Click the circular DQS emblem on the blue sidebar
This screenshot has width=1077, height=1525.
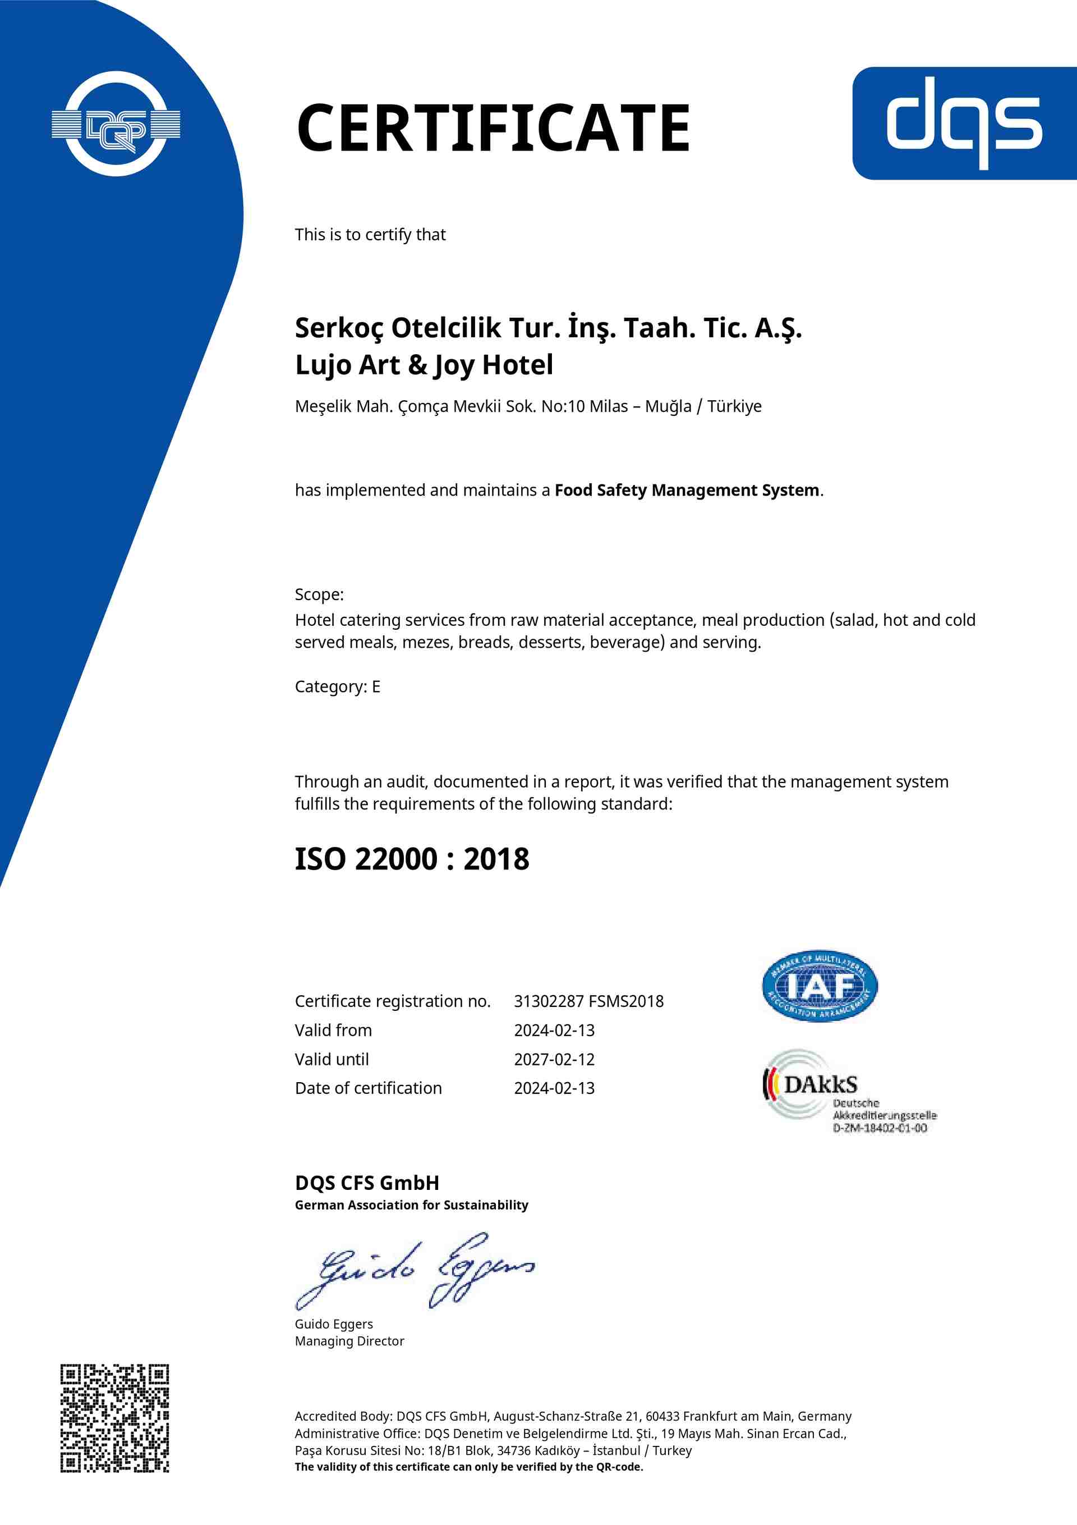point(116,123)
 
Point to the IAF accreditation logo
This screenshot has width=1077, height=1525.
point(820,986)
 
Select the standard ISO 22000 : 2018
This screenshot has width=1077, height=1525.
point(412,859)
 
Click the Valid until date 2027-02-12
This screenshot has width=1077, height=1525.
point(554,1059)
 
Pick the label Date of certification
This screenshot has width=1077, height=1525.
point(368,1088)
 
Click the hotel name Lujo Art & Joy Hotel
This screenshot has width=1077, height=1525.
point(424,365)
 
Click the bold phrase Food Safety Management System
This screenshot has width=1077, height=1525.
point(687,489)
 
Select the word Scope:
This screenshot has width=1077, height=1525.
point(319,594)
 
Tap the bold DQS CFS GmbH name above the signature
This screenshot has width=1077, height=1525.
point(366,1183)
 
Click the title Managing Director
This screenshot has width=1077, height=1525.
point(349,1341)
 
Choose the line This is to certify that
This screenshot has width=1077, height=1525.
point(370,235)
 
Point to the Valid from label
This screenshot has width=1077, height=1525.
point(333,1030)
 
